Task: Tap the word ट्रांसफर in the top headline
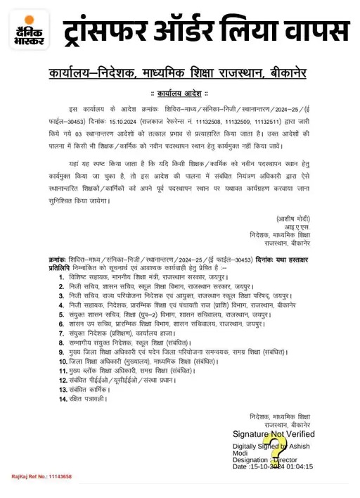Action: coord(106,31)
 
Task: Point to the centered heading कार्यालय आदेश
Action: coord(179,92)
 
